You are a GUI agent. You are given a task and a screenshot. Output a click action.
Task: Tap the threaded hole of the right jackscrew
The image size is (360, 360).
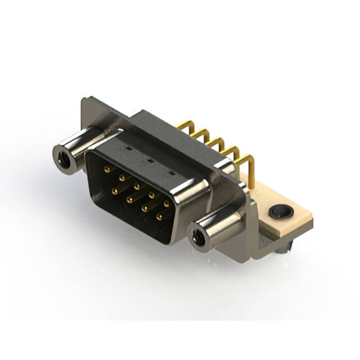click(x=198, y=238)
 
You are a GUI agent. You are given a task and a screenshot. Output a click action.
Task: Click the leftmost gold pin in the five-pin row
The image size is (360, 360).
click(x=107, y=168)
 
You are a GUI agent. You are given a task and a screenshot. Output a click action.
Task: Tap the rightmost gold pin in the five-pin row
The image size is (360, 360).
click(x=166, y=204)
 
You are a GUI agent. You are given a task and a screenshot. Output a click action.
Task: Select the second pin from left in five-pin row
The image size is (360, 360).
click(x=121, y=177)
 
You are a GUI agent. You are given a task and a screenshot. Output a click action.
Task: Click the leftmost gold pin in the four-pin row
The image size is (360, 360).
click(x=114, y=191)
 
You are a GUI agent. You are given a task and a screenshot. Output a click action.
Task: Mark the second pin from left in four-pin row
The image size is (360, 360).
click(x=129, y=199)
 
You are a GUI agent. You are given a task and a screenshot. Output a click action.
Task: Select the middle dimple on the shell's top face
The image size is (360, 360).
click(x=149, y=160)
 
